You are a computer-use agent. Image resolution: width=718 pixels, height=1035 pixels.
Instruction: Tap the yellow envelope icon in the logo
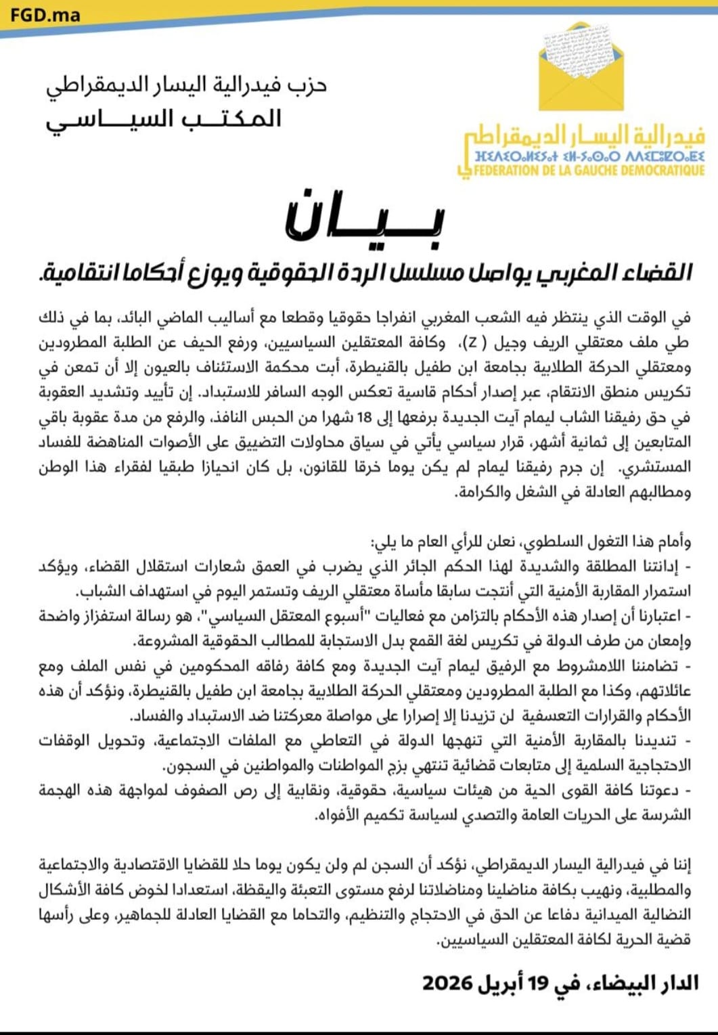click(x=581, y=68)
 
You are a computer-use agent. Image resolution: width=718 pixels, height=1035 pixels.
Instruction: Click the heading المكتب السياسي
click(x=163, y=119)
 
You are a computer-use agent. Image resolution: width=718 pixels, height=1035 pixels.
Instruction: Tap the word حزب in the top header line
click(x=309, y=85)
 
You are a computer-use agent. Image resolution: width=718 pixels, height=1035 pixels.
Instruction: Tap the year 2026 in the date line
click(x=447, y=983)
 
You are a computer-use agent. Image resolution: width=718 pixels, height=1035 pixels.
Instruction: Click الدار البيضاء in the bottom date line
click(x=643, y=983)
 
